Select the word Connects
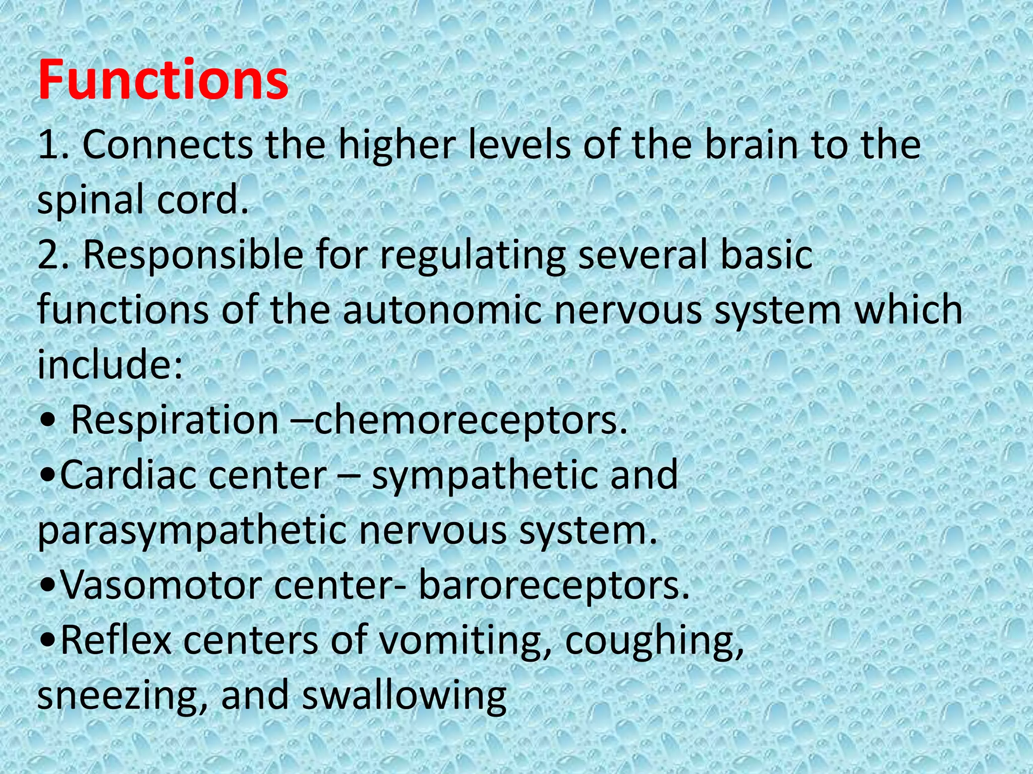167,145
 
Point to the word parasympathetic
192,531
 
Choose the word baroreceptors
553,586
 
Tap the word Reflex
116,640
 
